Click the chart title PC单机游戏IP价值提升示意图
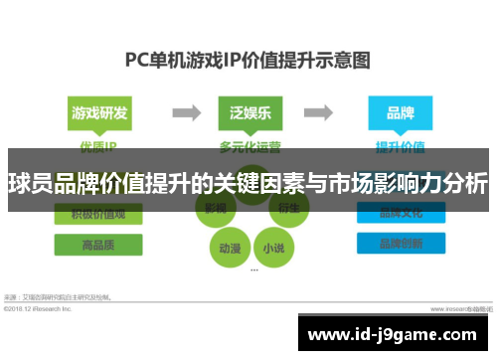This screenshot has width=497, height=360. pos(248,59)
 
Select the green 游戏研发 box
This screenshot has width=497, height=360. pos(98,113)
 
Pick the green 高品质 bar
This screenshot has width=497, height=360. pos(98,245)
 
